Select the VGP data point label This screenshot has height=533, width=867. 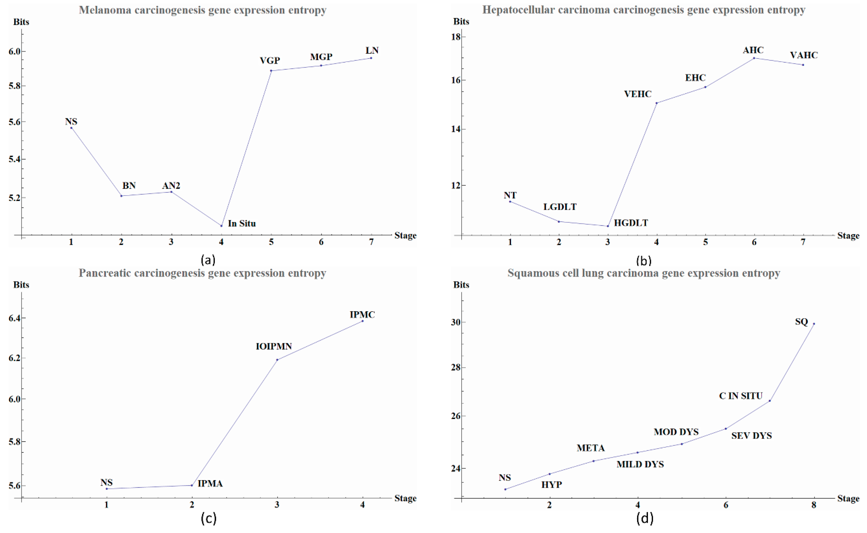pyautogui.click(x=270, y=61)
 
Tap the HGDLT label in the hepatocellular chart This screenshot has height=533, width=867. pyautogui.click(x=631, y=223)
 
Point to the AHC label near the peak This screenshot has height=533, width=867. pyautogui.click(x=753, y=50)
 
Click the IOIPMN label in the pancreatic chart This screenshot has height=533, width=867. pyautogui.click(x=274, y=346)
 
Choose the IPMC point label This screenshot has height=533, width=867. pyautogui.click(x=362, y=314)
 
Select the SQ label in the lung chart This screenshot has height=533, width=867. pyautogui.click(x=801, y=322)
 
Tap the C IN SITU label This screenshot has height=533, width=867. pyautogui.click(x=740, y=396)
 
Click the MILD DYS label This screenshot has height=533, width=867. pyautogui.click(x=640, y=464)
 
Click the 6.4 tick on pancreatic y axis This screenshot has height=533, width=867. pyautogui.click(x=14, y=318)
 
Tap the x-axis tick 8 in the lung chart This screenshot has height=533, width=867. pyautogui.click(x=814, y=505)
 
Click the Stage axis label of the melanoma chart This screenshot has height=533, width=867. pyautogui.click(x=405, y=236)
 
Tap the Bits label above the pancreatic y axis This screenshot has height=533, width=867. pyautogui.click(x=21, y=285)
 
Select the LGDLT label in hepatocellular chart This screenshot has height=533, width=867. pyautogui.click(x=560, y=207)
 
